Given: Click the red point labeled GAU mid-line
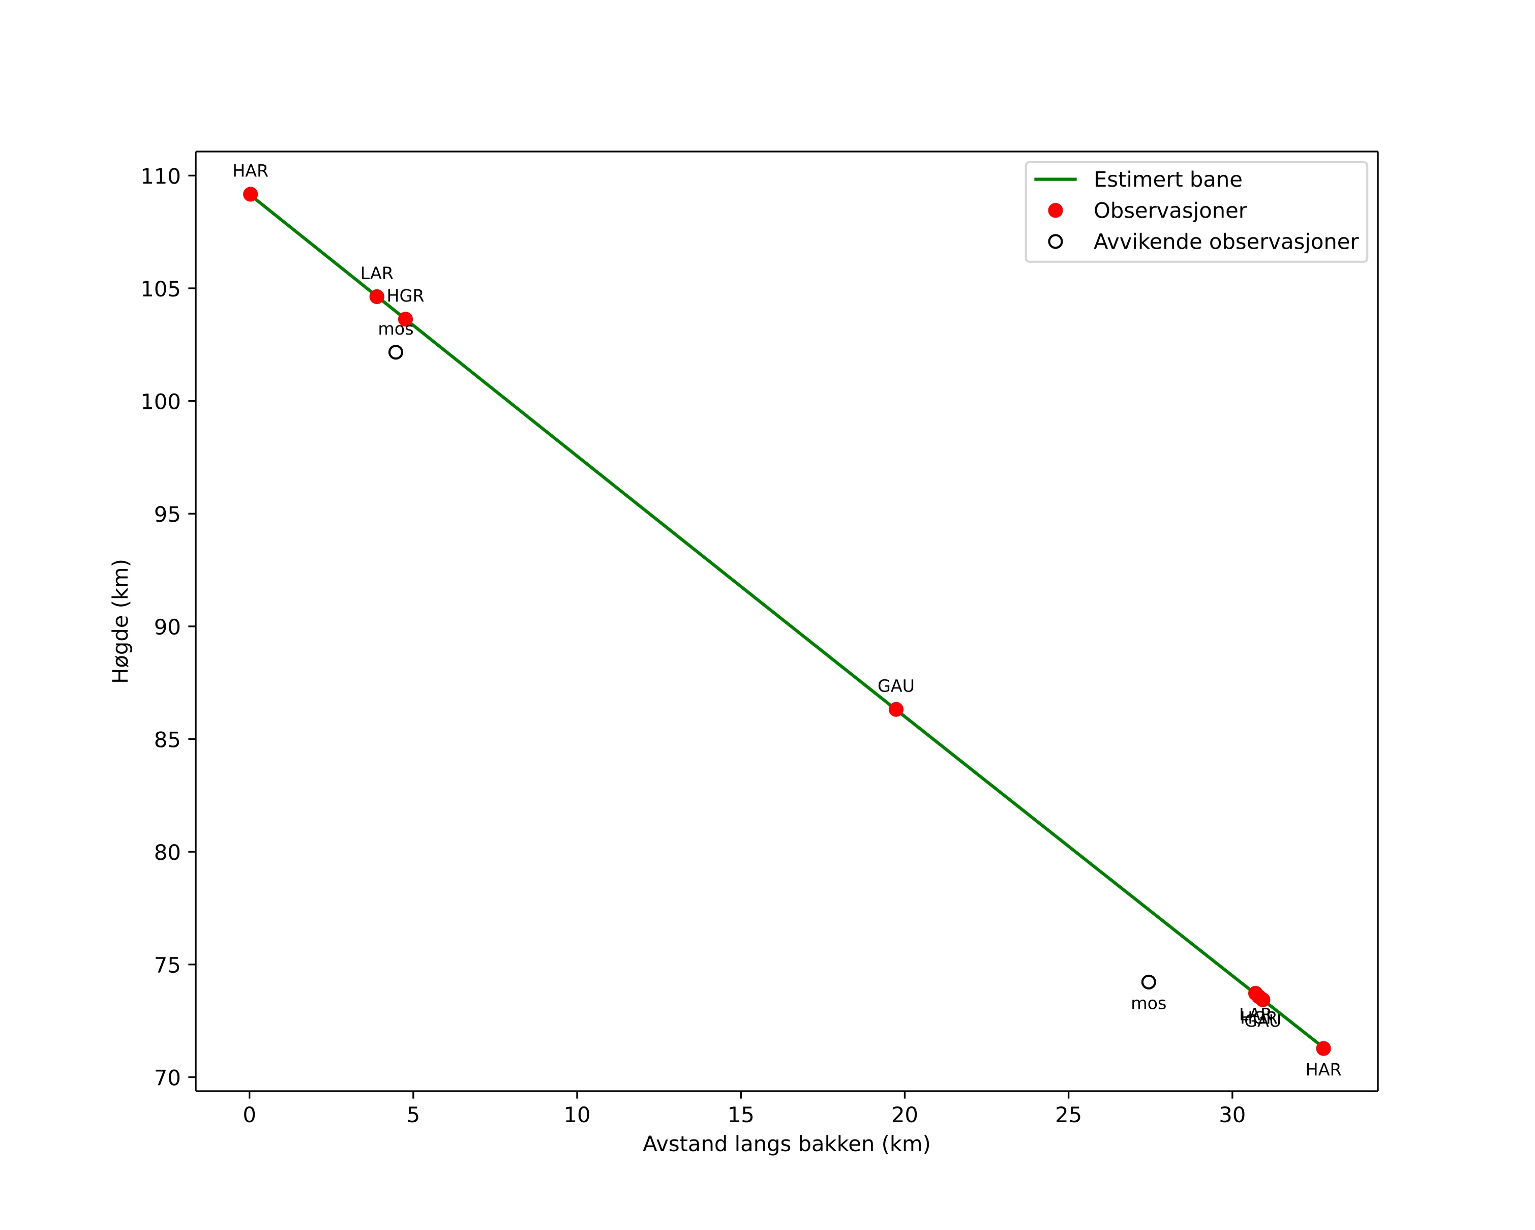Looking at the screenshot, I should [x=896, y=709].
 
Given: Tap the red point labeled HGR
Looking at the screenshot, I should [x=405, y=319].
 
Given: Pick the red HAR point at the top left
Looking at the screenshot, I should [x=250, y=194].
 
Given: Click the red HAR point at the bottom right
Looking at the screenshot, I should [x=1323, y=1048].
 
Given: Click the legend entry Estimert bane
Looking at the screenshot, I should [x=1167, y=179].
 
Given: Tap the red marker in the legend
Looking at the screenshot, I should [x=1055, y=211].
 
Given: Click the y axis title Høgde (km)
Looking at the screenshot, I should [x=121, y=621].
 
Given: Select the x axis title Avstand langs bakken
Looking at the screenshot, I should [x=786, y=1145].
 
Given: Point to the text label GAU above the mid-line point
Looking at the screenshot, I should [x=896, y=686].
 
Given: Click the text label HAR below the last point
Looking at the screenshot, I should [x=1323, y=1070].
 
